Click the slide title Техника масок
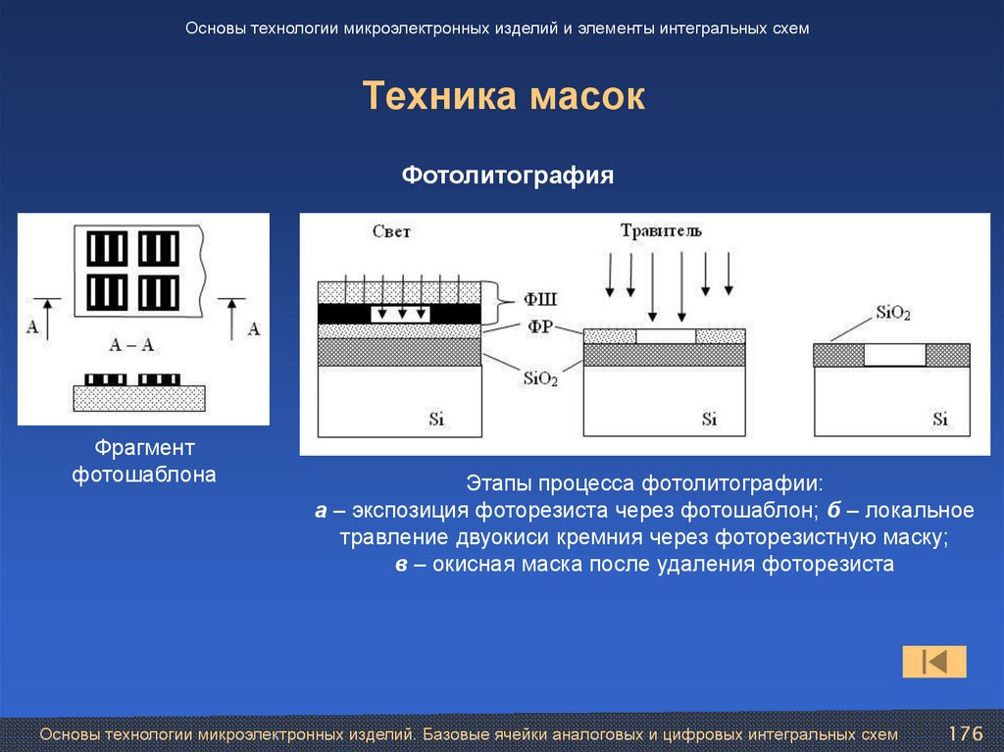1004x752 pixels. [x=503, y=97]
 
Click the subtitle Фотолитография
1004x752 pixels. [x=508, y=175]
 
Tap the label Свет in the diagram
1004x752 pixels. [x=391, y=232]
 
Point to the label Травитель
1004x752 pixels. [x=660, y=231]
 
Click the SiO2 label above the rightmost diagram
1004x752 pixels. [x=892, y=314]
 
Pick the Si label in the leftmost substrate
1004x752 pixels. [x=436, y=419]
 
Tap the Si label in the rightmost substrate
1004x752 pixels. [x=939, y=419]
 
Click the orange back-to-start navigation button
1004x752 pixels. [x=933, y=662]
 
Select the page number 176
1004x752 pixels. [x=965, y=733]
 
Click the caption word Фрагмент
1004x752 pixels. [x=144, y=448]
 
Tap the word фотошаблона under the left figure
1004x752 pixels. [x=144, y=476]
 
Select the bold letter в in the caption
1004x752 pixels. [x=401, y=565]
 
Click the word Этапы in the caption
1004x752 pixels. [x=495, y=483]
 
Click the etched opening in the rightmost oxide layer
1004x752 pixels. [x=893, y=354]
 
